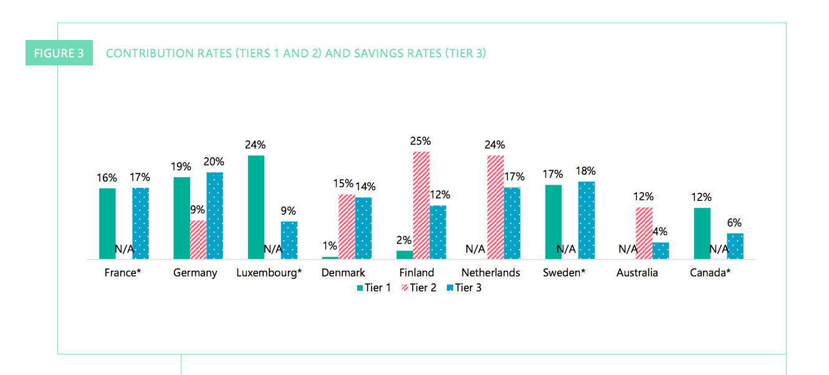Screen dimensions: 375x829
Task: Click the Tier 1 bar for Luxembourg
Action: click(256, 207)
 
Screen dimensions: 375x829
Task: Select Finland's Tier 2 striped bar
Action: click(421, 205)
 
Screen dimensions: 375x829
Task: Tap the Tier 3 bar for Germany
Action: click(215, 215)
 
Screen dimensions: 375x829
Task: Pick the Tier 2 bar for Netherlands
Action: click(496, 207)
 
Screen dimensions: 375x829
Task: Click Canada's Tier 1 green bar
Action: click(702, 233)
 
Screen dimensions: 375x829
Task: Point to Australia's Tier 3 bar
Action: click(661, 250)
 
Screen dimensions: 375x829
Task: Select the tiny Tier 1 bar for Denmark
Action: click(330, 257)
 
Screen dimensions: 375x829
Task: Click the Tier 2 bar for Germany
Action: click(198, 239)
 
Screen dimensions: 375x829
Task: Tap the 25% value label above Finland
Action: click(420, 141)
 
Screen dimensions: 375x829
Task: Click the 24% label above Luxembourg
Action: click(255, 145)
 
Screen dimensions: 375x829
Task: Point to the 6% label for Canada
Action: click(734, 223)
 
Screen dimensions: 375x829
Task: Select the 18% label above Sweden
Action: click(586, 171)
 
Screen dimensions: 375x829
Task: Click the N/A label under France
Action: click(124, 249)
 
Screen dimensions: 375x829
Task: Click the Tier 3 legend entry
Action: click(464, 288)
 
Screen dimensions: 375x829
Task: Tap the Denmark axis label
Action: click(343, 273)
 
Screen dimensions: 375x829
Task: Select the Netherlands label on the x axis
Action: click(491, 273)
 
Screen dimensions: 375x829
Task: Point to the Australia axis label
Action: click(637, 273)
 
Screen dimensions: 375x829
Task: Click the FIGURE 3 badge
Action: click(59, 53)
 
